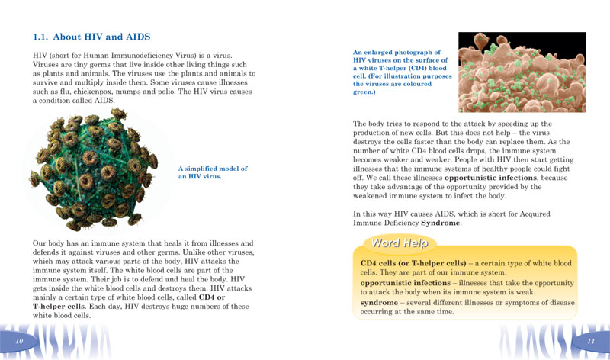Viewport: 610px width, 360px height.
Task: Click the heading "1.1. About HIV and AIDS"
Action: pyautogui.click(x=91, y=37)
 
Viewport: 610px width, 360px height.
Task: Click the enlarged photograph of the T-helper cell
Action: pyautogui.click(x=522, y=72)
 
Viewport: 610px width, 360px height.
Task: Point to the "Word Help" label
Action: pyautogui.click(x=399, y=243)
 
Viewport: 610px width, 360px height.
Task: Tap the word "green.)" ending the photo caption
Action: pyautogui.click(x=364, y=92)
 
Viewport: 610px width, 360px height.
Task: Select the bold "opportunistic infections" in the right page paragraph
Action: pyautogui.click(x=491, y=177)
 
